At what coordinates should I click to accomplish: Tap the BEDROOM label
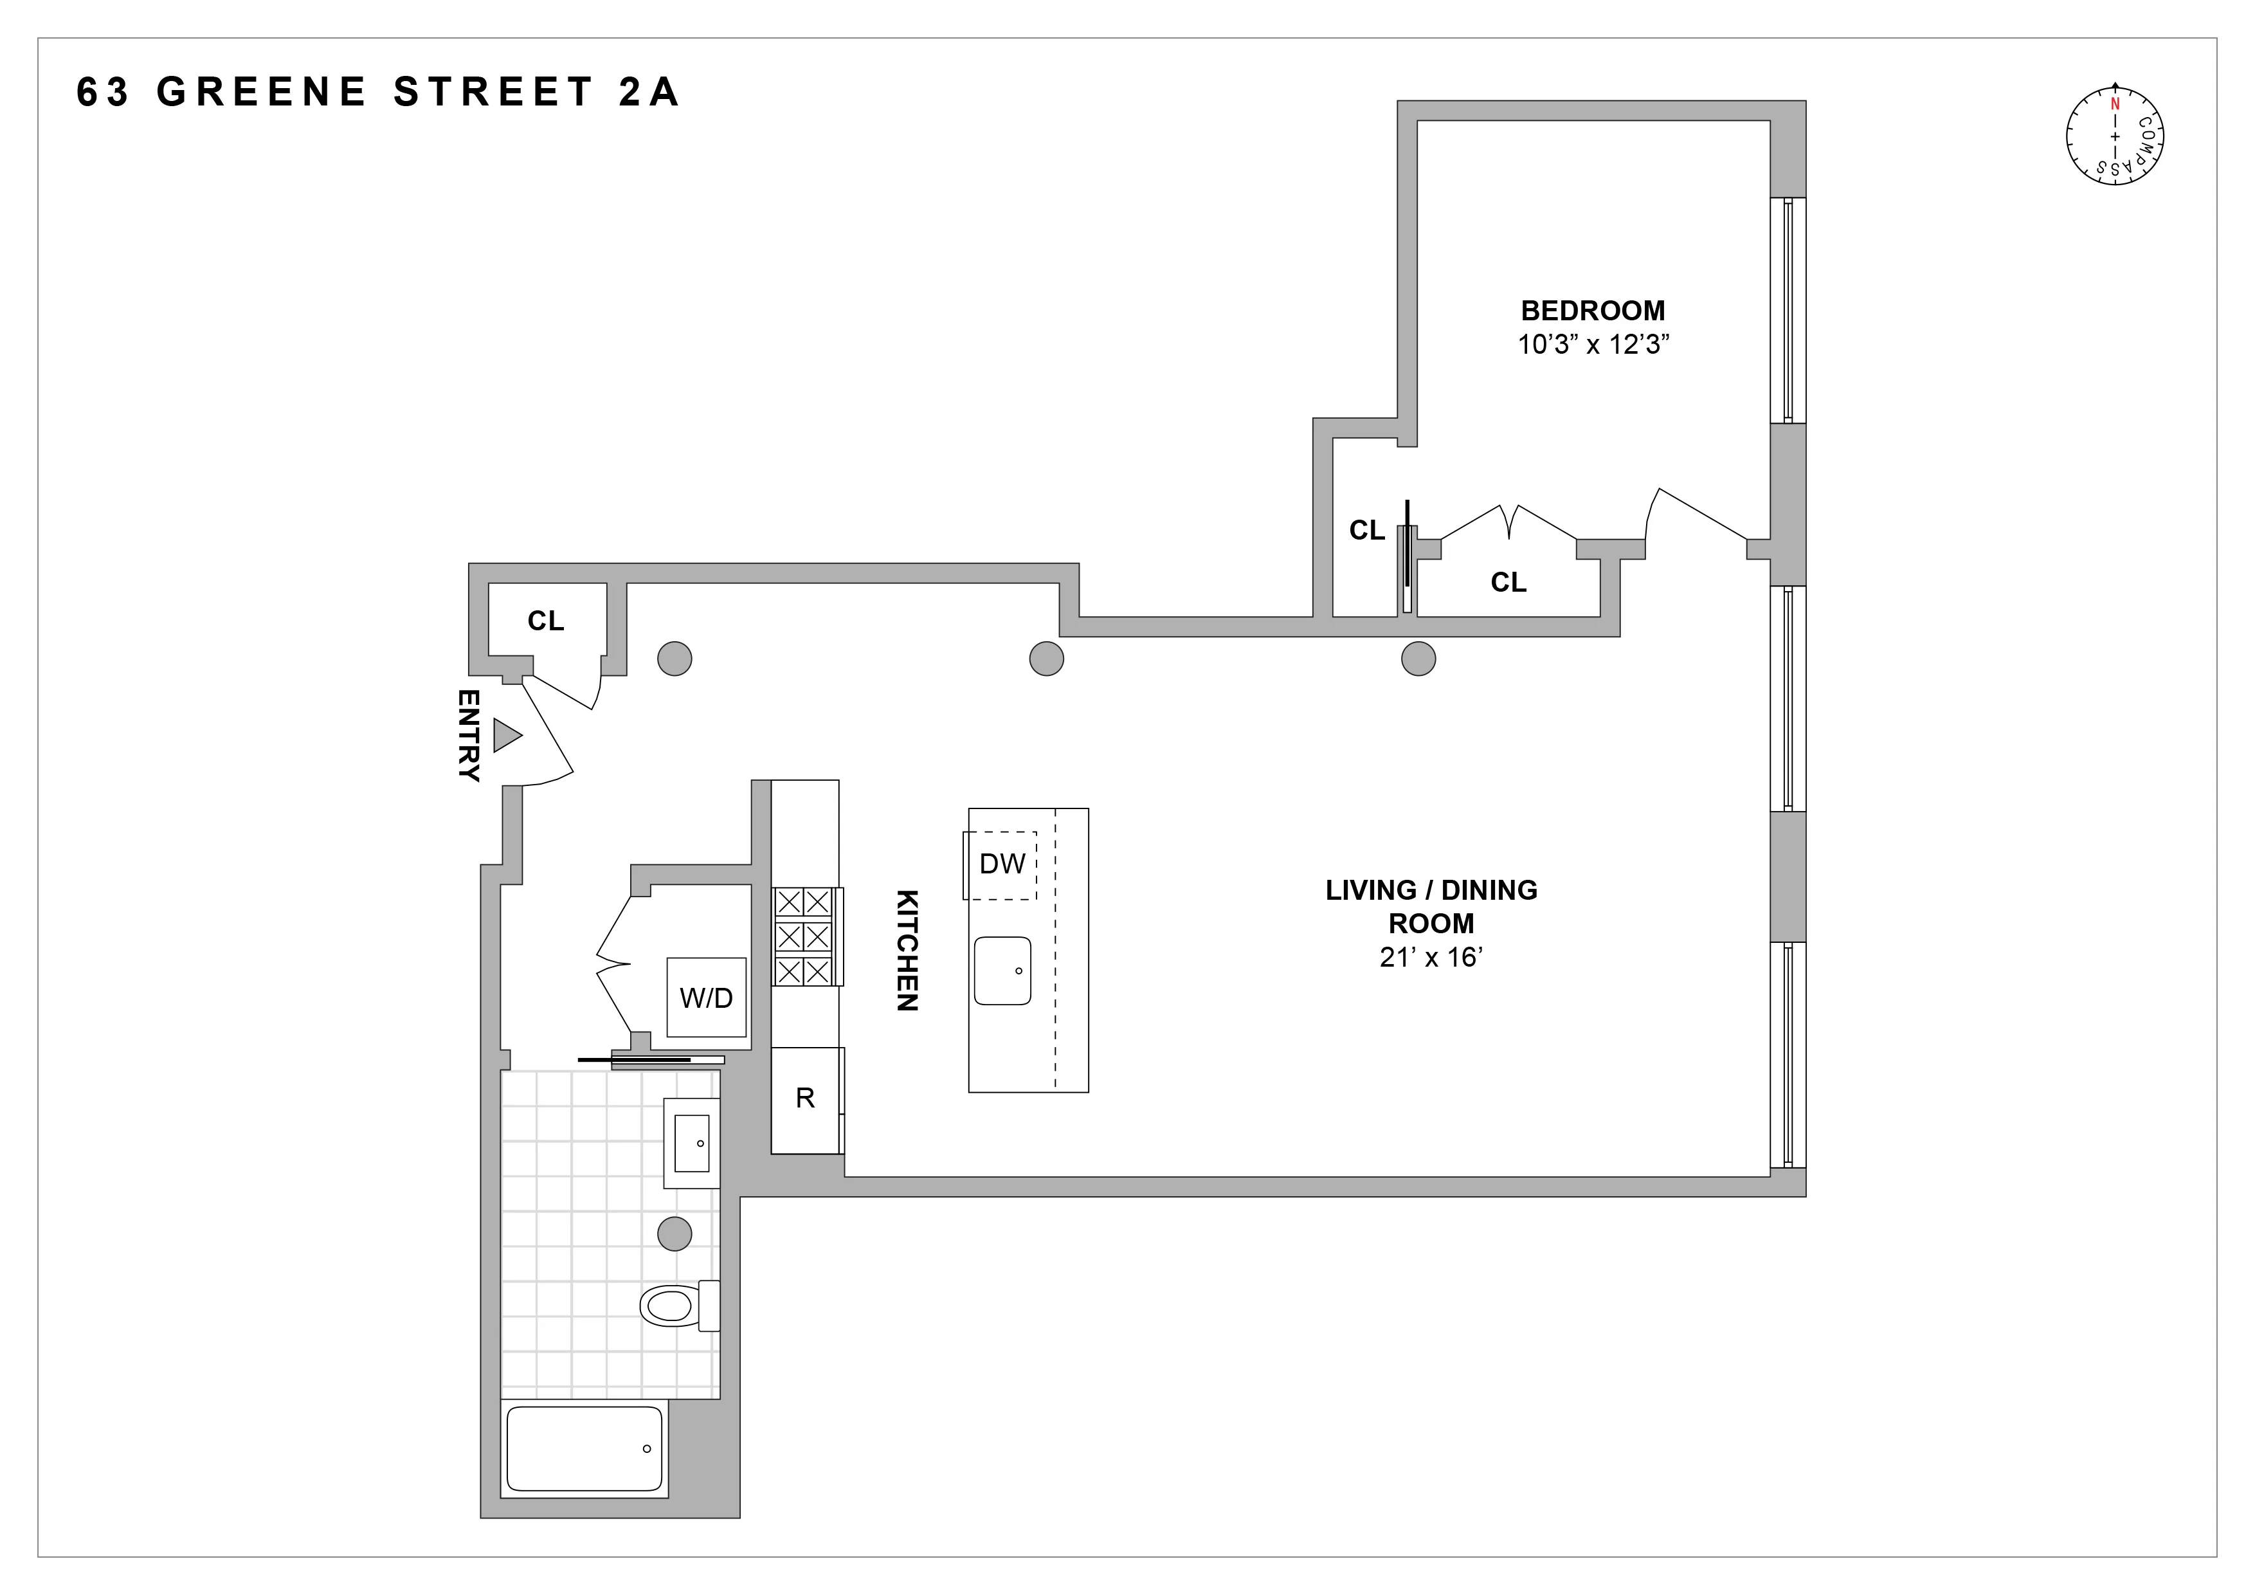click(1592, 311)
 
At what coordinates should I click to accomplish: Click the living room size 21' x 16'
click(1430, 958)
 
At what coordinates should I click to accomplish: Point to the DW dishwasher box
click(1001, 864)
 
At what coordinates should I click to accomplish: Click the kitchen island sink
click(1002, 971)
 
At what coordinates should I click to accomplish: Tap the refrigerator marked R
click(805, 1098)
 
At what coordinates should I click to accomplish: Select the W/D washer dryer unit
click(706, 998)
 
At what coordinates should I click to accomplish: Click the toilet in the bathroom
click(673, 1306)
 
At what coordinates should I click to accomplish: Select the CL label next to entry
click(545, 621)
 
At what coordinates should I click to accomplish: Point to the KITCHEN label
click(907, 950)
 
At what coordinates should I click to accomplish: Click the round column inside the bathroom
click(675, 1233)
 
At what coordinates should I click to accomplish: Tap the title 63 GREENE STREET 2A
click(377, 93)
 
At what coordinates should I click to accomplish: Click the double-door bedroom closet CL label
click(1508, 583)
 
